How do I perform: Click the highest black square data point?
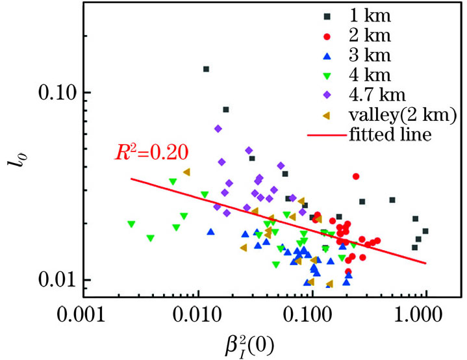tap(206, 69)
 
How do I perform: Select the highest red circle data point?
tap(355, 176)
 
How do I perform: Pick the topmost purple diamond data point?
tap(218, 129)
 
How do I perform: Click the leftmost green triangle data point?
tap(131, 224)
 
